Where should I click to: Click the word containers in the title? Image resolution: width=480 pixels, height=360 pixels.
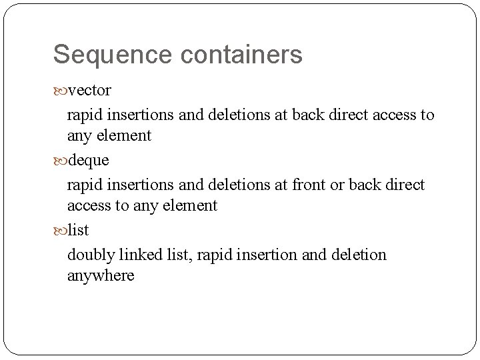click(x=241, y=55)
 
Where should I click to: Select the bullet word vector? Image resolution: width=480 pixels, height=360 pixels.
click(x=89, y=90)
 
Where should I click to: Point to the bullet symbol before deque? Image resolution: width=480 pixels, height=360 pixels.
click(x=59, y=161)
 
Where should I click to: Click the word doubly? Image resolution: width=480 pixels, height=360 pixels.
click(x=89, y=255)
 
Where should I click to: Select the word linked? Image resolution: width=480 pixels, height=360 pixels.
click(x=136, y=254)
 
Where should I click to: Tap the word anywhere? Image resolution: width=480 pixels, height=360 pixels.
click(x=100, y=275)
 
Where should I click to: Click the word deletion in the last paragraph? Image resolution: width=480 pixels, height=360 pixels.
click(x=359, y=254)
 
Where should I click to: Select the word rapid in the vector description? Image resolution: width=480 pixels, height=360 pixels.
click(x=84, y=115)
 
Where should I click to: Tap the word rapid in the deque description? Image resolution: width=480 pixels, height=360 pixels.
click(x=84, y=185)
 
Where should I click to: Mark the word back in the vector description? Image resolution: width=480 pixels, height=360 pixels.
click(x=312, y=114)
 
